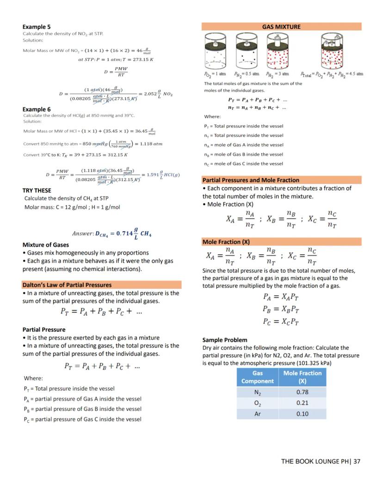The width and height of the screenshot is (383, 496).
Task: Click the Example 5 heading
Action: pos(37,27)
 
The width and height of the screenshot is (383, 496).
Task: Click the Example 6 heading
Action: pos(37,109)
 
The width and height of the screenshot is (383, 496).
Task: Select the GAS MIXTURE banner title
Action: pos(281,27)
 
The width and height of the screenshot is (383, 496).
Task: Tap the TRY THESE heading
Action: pos(37,190)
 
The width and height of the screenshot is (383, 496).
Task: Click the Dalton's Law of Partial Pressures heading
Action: pos(67,285)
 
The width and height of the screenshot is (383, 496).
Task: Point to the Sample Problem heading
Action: pos(225,340)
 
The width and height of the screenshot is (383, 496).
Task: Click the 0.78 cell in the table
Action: pos(302,392)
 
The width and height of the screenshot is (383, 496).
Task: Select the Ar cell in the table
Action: pos(258,414)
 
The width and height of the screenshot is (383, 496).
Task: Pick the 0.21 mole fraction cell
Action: pos(302,403)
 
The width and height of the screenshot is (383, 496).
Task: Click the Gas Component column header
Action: pos(258,377)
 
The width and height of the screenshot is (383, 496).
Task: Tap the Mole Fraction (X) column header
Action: pos(302,377)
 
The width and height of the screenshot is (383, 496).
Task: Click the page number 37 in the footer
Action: pos(357,461)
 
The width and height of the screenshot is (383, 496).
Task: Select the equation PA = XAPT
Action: pos(281,297)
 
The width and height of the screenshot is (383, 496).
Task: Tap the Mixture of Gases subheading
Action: pos(46,245)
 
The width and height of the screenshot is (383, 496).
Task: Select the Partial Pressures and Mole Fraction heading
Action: pos(251,180)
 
